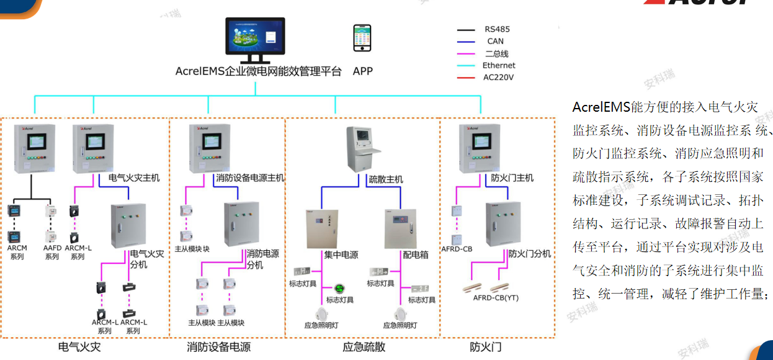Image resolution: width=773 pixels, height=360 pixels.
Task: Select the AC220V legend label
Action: [x=498, y=78]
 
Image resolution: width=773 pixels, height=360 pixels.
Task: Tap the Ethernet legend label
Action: [x=498, y=65]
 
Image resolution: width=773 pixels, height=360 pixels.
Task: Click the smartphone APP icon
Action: [x=362, y=38]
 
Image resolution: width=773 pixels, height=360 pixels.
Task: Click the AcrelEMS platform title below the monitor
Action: [x=258, y=71]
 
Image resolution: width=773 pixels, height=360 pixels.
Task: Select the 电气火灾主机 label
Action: [x=134, y=178]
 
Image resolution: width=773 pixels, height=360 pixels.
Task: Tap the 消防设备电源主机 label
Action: [x=250, y=178]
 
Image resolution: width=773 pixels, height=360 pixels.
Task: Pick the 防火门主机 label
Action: [x=512, y=178]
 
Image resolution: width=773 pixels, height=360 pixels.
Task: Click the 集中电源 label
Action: [x=341, y=254]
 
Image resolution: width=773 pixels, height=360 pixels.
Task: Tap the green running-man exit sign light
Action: [x=339, y=288]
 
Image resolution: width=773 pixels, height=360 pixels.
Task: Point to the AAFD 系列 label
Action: [x=52, y=252]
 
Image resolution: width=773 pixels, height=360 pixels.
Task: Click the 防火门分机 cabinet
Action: [x=503, y=222]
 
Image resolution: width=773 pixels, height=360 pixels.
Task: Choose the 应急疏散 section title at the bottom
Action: [x=364, y=347]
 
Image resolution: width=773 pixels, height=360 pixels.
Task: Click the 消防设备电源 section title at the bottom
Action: [x=218, y=347]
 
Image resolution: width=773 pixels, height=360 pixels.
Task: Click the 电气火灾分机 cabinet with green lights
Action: [x=128, y=225]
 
